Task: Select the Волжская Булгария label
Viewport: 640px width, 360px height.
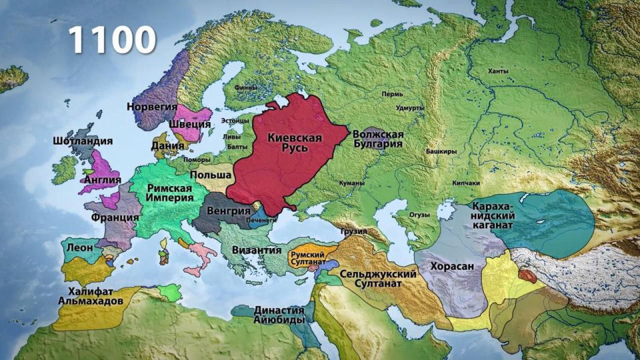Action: point(378,138)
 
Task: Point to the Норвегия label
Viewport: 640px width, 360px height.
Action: point(152,107)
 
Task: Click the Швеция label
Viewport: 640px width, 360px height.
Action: point(189,124)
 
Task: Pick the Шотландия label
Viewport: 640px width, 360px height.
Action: point(83,141)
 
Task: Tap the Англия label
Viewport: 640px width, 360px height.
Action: point(102,179)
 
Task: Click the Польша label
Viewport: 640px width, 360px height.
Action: point(211,175)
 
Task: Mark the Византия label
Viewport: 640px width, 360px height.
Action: point(257,250)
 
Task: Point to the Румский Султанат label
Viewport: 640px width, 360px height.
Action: point(307,259)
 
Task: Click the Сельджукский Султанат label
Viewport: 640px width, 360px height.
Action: point(378,279)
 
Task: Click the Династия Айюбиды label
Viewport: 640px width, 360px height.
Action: point(279,315)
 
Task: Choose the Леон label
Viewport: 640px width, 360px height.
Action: point(80,247)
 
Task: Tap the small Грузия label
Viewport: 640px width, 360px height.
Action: point(353,231)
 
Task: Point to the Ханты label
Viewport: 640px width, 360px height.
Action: point(497,71)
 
